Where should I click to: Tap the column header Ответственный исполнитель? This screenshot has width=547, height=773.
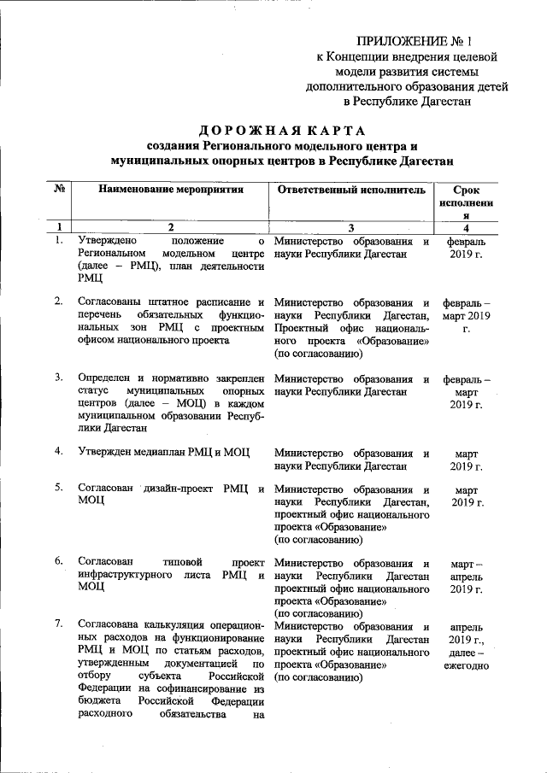351,189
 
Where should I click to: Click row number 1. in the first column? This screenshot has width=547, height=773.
58,242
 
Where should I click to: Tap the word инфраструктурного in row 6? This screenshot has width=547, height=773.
128,576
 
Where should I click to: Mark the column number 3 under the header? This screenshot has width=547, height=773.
351,227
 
